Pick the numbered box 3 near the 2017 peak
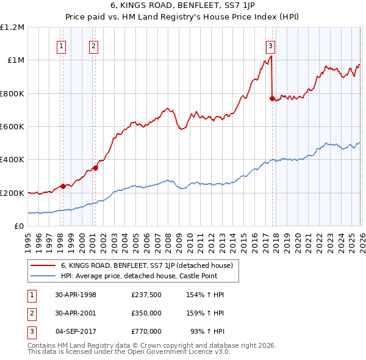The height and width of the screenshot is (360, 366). [270, 45]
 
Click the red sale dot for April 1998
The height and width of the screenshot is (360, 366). [63, 187]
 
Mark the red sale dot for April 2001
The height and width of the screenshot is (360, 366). [95, 168]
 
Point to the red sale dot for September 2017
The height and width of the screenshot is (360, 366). [271, 98]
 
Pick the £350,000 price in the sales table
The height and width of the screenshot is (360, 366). [146, 313]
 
